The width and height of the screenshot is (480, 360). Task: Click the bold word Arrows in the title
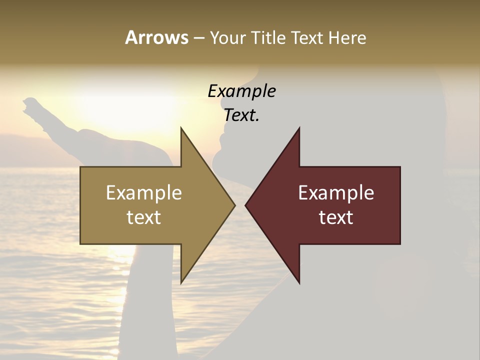point(156,37)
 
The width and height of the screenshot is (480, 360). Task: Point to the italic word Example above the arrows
point(241,91)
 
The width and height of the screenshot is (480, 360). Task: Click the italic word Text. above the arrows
point(241,115)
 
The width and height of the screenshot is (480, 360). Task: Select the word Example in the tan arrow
point(143,193)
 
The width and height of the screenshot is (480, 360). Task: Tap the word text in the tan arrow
point(143,217)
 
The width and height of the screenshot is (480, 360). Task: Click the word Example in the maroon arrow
point(336,193)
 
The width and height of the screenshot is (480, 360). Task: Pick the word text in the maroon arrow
point(336,217)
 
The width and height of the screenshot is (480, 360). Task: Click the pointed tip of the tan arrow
point(235,205)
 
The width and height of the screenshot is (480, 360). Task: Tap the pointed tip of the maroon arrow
point(245,205)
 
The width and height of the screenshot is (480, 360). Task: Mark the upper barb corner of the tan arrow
point(181,128)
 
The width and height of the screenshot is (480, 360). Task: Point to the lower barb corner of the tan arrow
point(181,283)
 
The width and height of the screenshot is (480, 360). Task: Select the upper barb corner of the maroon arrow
point(299,128)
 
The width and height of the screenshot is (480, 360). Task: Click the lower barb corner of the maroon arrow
point(299,283)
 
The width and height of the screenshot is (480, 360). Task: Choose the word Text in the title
point(307,37)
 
